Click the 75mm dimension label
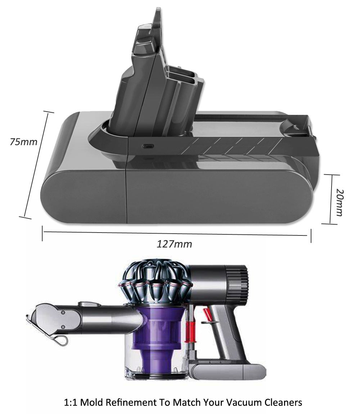tap(23, 141)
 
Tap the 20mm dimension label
tap(339, 202)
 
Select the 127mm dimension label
tap(174, 244)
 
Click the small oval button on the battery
tap(147, 146)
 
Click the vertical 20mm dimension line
tap(330, 199)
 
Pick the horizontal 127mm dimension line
tap(176, 233)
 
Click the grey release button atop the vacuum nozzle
tap(86, 304)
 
